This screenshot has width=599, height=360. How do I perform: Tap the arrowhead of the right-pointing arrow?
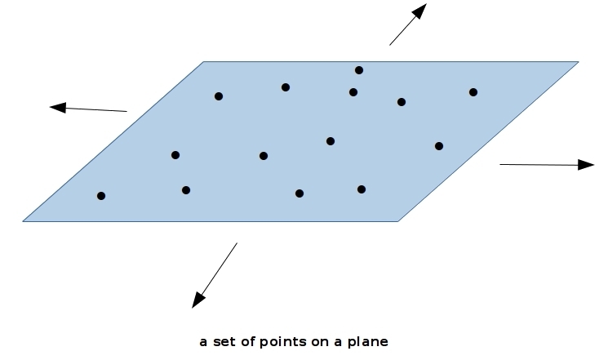pyautogui.click(x=586, y=165)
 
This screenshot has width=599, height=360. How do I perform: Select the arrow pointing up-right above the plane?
pyautogui.click(x=407, y=24)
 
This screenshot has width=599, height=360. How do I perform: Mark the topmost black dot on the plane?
pyautogui.click(x=359, y=70)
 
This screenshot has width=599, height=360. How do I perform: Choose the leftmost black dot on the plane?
pyautogui.click(x=101, y=196)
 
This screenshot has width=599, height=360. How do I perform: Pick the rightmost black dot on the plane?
pyautogui.click(x=473, y=92)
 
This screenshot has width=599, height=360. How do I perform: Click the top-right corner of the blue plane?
pyautogui.click(x=578, y=62)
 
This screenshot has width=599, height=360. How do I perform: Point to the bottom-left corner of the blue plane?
pyautogui.click(x=24, y=220)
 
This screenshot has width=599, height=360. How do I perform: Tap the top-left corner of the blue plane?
pyautogui.click(x=204, y=62)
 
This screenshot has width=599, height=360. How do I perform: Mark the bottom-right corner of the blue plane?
pyautogui.click(x=397, y=220)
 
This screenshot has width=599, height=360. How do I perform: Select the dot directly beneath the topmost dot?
pyautogui.click(x=353, y=92)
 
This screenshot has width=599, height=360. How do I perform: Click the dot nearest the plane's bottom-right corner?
pyautogui.click(x=362, y=189)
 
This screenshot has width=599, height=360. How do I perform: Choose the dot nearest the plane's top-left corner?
pyautogui.click(x=219, y=96)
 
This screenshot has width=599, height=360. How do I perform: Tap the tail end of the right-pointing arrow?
pyautogui.click(x=500, y=164)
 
